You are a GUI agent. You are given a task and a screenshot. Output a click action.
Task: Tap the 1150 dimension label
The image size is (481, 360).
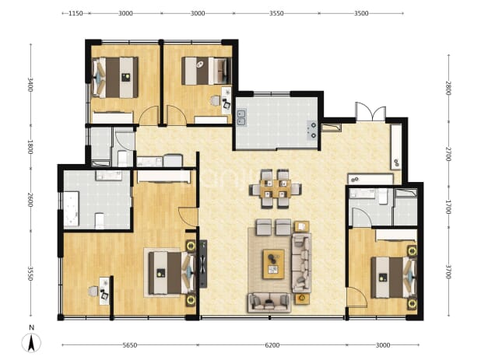[x=75, y=13]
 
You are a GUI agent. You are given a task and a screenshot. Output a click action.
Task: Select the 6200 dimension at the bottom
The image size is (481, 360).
[x=272, y=345]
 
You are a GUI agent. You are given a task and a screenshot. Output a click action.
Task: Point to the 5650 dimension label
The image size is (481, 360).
[x=130, y=345]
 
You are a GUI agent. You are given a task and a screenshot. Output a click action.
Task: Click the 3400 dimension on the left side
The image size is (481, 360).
[x=30, y=85]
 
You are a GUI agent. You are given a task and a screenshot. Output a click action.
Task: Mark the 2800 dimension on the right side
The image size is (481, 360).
[x=448, y=88]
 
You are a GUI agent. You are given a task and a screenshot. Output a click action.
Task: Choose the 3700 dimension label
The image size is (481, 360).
[x=448, y=272]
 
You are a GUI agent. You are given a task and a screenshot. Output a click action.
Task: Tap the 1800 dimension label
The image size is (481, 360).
[x=30, y=147]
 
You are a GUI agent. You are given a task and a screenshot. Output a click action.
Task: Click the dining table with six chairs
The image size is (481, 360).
[x=276, y=189]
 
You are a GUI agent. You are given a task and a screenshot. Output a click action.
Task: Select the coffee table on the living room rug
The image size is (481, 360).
[x=274, y=264]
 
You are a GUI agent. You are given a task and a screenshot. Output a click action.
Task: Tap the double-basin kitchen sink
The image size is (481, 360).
[x=241, y=117]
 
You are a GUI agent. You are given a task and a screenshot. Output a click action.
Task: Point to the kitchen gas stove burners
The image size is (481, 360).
[x=312, y=130]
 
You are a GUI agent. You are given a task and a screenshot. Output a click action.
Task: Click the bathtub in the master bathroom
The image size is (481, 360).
[x=71, y=209]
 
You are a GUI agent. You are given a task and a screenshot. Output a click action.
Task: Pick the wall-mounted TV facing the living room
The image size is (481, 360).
[x=203, y=264]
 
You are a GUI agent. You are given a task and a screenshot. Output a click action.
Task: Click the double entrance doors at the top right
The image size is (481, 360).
[x=370, y=112]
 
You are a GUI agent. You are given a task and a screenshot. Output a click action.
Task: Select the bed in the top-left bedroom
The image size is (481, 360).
[x=115, y=78]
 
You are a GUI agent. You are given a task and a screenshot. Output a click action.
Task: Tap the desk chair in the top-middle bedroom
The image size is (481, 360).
[x=216, y=100]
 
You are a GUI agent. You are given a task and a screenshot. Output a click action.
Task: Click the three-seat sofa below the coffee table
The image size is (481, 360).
[x=269, y=302]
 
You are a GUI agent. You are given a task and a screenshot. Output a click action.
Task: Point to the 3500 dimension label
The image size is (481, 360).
[x=361, y=13]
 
